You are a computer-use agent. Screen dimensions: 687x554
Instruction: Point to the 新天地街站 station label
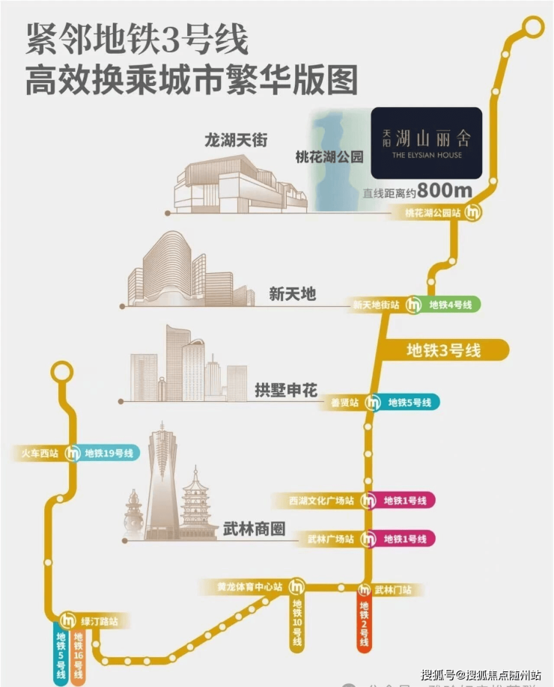pos(377,305)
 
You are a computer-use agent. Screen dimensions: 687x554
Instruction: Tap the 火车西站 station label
pos(38,453)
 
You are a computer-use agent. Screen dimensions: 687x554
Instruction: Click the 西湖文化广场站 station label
pos(323,501)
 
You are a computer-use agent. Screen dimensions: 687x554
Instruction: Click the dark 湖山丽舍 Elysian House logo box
pos(426,143)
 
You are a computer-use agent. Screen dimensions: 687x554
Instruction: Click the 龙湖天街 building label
pos(237,139)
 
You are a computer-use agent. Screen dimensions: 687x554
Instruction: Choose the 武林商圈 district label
pos(255,529)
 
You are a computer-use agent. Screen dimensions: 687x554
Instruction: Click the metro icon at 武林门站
pos(365,590)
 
